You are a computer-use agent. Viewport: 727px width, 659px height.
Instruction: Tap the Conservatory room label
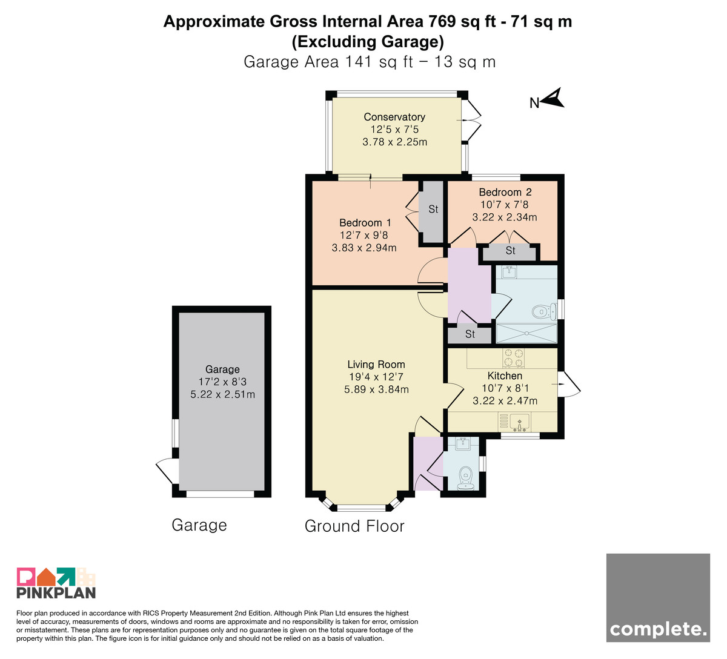394,117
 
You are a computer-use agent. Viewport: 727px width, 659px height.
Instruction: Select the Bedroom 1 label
365,222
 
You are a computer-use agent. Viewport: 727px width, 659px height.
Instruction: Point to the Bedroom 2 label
505,192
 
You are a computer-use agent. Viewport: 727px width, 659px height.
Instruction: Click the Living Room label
376,364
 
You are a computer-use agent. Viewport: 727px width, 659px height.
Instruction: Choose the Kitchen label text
505,376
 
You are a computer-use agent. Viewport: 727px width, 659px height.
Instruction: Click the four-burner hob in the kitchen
514,358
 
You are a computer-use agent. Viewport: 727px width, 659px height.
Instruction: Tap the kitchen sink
520,422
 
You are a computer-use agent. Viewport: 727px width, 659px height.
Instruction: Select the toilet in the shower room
544,311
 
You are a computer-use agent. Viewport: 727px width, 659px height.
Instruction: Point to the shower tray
526,333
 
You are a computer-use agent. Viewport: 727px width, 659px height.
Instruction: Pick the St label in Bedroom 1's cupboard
433,209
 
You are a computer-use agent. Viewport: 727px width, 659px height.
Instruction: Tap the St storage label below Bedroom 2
510,251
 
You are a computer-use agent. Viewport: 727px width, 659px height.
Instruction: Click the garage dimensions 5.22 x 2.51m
222,394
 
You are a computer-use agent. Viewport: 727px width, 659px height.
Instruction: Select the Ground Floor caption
354,526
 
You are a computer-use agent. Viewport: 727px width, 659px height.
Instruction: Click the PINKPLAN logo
56,583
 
